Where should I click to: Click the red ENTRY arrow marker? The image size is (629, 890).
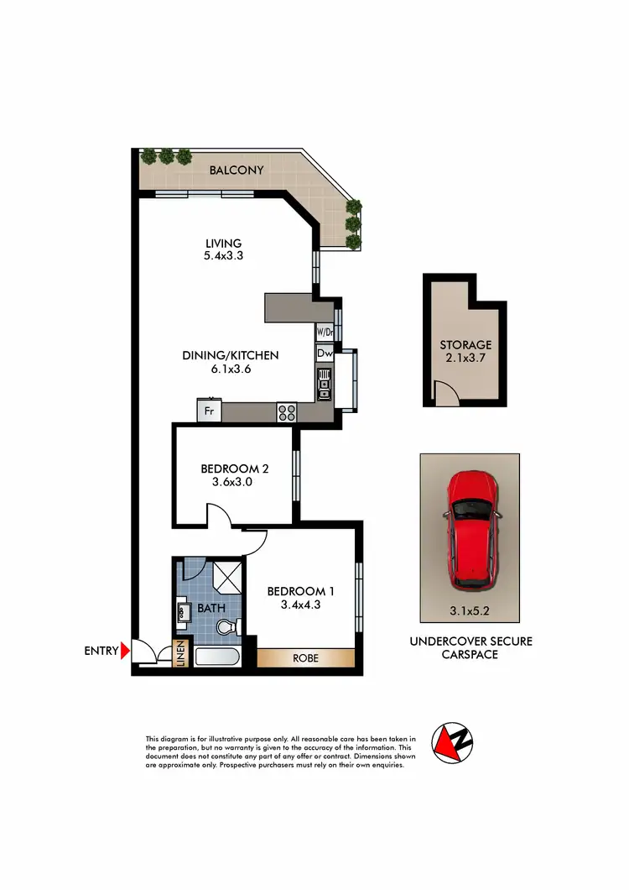coord(125,649)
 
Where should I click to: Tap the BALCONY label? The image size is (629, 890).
coord(237,170)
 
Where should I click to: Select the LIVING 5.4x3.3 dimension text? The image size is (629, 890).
coord(224,256)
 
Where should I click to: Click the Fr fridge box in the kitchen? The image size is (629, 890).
coord(208,411)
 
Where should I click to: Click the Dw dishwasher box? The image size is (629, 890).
coord(325,354)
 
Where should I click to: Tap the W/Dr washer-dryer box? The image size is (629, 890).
coord(325,331)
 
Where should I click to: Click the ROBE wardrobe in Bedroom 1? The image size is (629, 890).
coord(305,658)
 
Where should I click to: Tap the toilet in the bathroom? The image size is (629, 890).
coord(227,626)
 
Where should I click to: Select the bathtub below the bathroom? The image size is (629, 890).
coord(217,656)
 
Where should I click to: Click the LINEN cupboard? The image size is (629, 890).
coord(179,654)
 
